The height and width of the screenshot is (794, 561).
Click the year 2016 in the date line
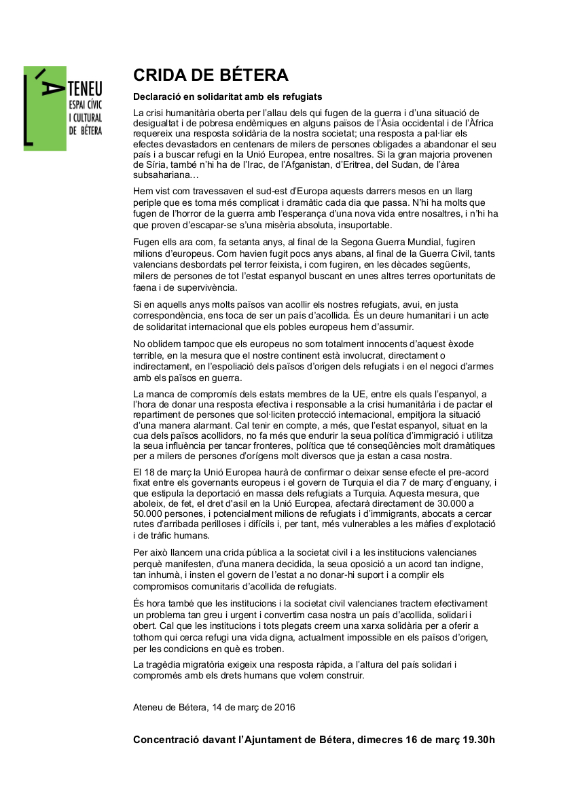click(282, 707)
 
